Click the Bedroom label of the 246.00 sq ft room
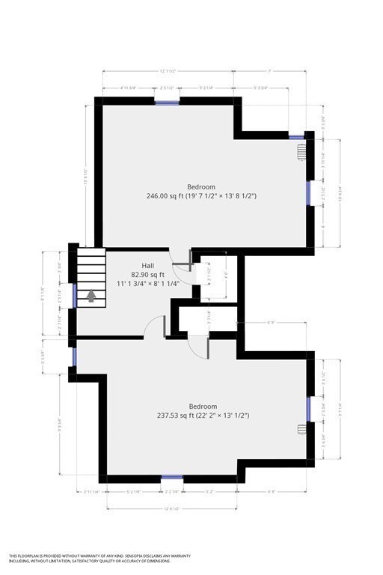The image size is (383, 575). [x=201, y=186]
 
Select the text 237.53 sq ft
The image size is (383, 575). [x=178, y=416]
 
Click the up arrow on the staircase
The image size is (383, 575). [x=91, y=296]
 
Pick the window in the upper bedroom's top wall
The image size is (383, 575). [x=167, y=101]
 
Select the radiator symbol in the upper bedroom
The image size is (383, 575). [x=301, y=153]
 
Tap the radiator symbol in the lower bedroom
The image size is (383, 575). [x=301, y=429]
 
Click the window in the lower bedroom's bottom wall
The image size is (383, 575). [x=172, y=477]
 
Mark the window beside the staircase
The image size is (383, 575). [x=73, y=295]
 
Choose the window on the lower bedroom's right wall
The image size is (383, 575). [x=308, y=408]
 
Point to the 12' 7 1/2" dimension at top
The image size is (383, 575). [x=168, y=71]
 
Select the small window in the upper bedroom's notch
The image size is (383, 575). [x=297, y=137]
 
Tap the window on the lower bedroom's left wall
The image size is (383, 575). [x=73, y=357]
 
